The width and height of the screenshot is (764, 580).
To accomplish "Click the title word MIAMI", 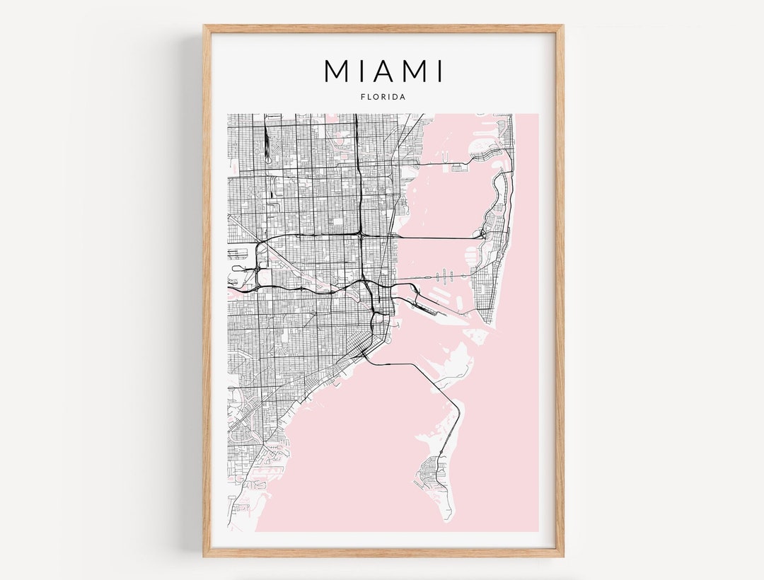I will [x=383, y=71].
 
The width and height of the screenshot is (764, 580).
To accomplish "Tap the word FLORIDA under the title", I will [x=383, y=97].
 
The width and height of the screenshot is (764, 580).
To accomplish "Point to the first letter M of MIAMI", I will [x=336, y=71].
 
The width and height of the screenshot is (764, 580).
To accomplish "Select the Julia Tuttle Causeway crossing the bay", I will [x=439, y=238].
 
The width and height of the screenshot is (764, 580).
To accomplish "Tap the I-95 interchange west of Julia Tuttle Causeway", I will [x=360, y=234].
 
